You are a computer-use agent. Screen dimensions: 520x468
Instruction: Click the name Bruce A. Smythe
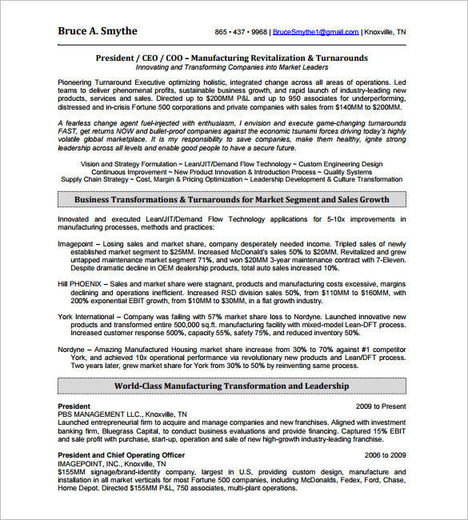(x=98, y=31)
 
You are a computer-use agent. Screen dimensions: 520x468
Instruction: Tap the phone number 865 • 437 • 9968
(x=241, y=33)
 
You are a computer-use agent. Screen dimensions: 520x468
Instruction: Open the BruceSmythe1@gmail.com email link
(x=315, y=33)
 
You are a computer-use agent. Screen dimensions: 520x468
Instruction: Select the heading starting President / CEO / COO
(x=231, y=58)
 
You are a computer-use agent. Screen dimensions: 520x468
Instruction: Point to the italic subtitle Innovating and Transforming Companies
(x=231, y=68)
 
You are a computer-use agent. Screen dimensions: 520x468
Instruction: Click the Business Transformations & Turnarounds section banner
(x=231, y=200)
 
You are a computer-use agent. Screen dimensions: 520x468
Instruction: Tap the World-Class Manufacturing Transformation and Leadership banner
(x=231, y=386)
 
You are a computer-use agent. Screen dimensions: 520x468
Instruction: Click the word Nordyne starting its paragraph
(x=73, y=350)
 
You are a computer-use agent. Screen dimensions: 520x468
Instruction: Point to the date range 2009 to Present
(x=381, y=407)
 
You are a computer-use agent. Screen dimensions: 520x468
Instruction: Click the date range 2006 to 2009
(x=386, y=455)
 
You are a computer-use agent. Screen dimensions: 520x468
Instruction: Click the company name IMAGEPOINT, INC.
(x=90, y=463)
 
